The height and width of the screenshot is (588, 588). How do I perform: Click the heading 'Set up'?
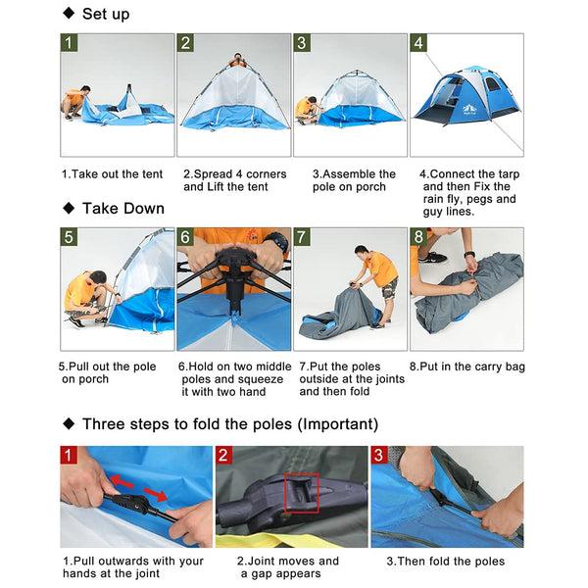pos(105,14)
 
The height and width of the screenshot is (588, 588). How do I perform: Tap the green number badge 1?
pos(69,43)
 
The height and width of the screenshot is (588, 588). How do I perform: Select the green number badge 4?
pos(418,43)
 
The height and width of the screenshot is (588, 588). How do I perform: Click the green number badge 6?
pos(185,237)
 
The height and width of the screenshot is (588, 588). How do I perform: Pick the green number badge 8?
pos(418,237)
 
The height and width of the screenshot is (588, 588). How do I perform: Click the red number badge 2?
pos(224,456)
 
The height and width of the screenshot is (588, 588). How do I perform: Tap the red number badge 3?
pos(379,456)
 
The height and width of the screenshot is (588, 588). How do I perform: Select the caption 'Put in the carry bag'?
pos(466,367)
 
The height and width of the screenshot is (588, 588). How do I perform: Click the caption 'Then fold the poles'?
pos(446,562)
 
